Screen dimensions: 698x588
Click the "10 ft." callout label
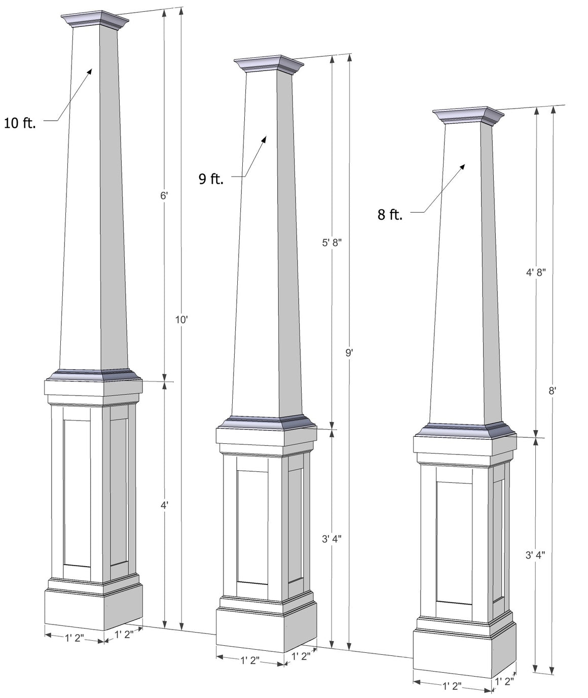20,123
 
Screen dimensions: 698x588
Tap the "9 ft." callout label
211,179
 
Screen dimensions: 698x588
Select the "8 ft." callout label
390,215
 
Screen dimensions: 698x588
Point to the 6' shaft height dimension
164,195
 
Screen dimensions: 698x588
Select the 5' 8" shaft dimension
332,242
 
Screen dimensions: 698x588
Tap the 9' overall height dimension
349,353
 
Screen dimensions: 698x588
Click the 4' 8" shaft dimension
535,272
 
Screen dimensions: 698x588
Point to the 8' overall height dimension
553,391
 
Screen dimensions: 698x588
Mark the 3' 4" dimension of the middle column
332,539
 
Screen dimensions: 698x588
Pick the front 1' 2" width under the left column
75,638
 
